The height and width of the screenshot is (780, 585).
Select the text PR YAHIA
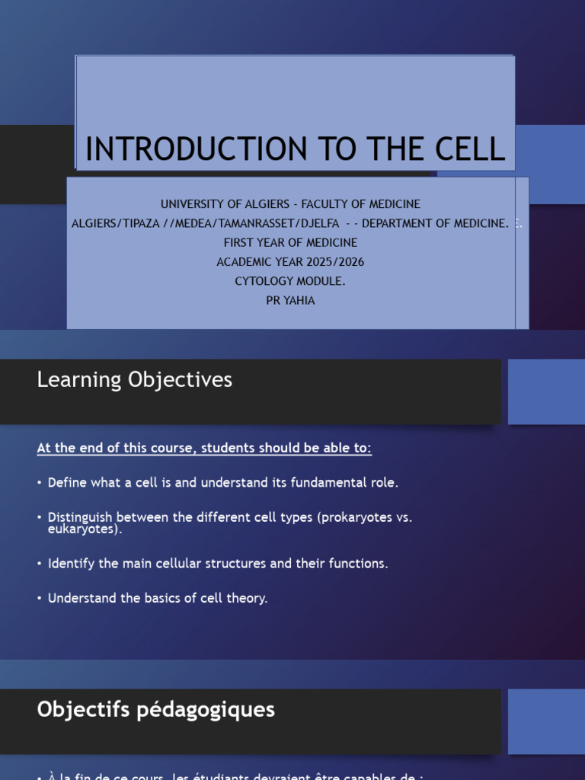[x=289, y=300]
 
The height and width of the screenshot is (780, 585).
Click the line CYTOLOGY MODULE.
[x=289, y=281]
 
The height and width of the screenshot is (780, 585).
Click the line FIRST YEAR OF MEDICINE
[x=289, y=242]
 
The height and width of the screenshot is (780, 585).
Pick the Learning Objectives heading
[x=134, y=380]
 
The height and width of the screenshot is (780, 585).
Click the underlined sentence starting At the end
[x=204, y=448]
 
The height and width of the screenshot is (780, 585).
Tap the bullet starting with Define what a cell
[x=222, y=482]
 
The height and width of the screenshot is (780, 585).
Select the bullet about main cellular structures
[x=217, y=564]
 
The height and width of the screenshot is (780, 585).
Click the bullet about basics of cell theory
[x=158, y=598]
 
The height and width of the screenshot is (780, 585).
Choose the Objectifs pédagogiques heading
[x=155, y=710]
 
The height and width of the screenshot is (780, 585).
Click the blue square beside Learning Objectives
[x=545, y=392]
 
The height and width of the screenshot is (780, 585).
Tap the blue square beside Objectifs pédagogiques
[x=545, y=721]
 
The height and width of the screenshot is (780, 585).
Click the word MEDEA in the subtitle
[x=204, y=223]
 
